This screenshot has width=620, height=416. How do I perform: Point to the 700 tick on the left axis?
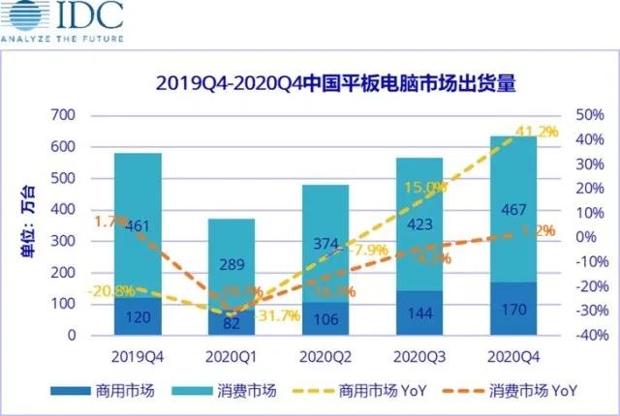click(62, 116)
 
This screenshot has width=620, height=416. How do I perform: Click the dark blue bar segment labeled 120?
click(138, 317)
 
